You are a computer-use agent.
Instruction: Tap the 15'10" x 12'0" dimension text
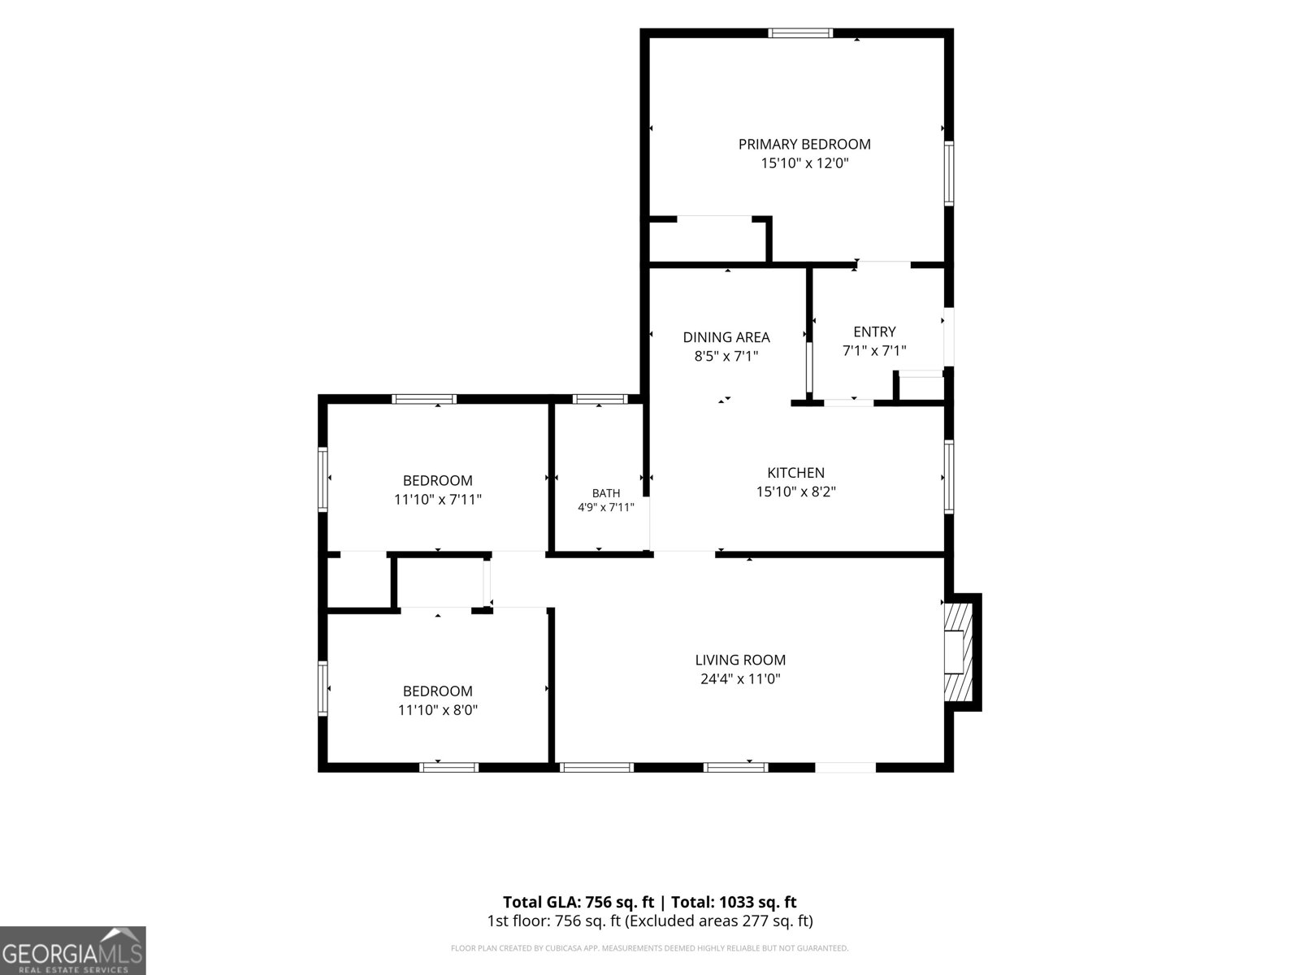pyautogui.click(x=804, y=162)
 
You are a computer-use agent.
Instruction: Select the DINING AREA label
pyautogui.click(x=726, y=337)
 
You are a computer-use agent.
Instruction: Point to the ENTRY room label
pyautogui.click(x=874, y=331)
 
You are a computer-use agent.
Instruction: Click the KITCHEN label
pyautogui.click(x=795, y=472)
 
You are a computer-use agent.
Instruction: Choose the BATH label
pyautogui.click(x=606, y=492)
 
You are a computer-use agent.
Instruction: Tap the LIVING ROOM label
pyautogui.click(x=740, y=660)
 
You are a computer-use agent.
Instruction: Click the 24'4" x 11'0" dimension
pyautogui.click(x=740, y=678)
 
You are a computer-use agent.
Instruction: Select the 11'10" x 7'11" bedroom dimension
pyautogui.click(x=438, y=499)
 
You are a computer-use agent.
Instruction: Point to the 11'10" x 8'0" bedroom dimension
pyautogui.click(x=438, y=710)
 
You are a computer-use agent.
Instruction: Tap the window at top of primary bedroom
pyautogui.click(x=800, y=33)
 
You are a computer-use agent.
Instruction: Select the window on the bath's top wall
pyautogui.click(x=600, y=399)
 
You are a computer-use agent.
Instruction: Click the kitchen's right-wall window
pyautogui.click(x=949, y=476)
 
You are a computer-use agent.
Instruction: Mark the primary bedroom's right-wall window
pyautogui.click(x=949, y=173)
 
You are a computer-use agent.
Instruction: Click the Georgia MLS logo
pyautogui.click(x=73, y=951)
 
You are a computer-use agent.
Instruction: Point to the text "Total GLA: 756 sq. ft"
pyautogui.click(x=578, y=902)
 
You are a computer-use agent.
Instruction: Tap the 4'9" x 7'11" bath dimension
pyautogui.click(x=606, y=507)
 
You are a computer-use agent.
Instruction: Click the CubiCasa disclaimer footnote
pyautogui.click(x=650, y=947)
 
